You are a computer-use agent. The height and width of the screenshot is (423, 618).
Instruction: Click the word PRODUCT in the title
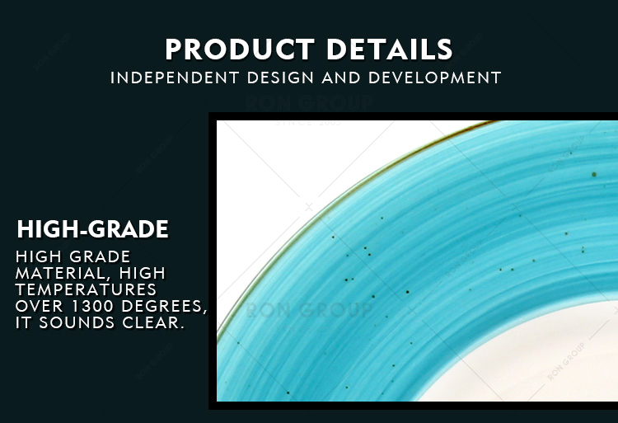pos(240,49)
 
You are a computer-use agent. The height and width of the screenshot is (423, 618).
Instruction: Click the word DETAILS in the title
pos(390,49)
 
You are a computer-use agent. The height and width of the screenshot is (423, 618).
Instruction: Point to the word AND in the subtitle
pos(341,78)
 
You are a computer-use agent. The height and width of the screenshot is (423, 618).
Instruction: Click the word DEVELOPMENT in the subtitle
pos(435,78)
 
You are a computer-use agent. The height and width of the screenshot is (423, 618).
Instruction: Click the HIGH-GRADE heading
pos(93,229)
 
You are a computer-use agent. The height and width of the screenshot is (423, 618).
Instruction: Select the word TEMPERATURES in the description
pos(86,289)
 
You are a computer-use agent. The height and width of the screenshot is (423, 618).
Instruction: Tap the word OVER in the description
pos(40,306)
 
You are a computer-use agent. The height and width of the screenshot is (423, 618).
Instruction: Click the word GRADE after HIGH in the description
pos(100,256)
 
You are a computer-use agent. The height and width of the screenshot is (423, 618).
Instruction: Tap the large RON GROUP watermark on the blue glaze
pos(309,310)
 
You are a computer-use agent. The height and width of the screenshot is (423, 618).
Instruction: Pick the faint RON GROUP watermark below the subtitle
pos(309,102)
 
